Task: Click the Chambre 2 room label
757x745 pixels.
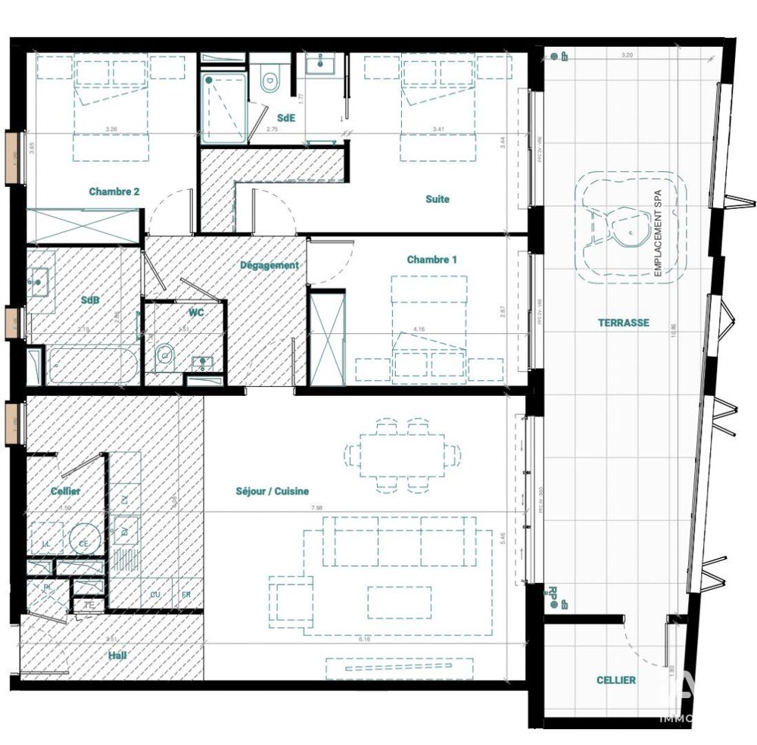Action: point(114,192)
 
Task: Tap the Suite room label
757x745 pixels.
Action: point(437,199)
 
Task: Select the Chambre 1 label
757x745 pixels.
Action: point(431,260)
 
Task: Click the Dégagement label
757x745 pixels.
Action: point(269,265)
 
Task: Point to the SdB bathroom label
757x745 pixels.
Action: point(90,301)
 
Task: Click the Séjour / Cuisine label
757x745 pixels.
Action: point(272,491)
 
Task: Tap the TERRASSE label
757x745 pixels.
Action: point(623,323)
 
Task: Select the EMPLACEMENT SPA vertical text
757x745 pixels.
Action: point(657,232)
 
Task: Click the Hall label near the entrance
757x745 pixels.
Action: point(117,656)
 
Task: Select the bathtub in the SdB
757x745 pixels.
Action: point(92,366)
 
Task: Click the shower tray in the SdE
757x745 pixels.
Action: point(225,108)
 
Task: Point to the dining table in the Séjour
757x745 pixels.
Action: point(403,455)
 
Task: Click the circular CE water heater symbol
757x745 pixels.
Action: point(83,541)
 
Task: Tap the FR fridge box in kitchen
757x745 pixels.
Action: point(186,594)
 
